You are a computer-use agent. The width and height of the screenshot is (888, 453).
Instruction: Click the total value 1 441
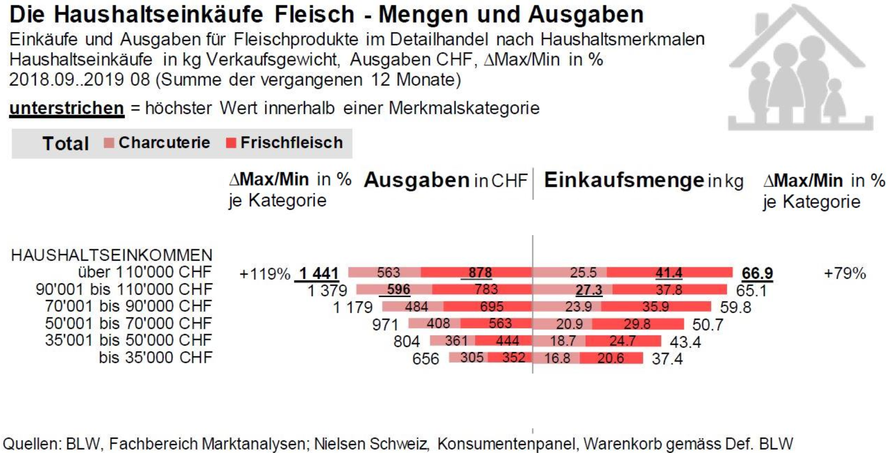[318, 273]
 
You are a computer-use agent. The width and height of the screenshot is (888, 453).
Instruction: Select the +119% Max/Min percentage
[264, 274]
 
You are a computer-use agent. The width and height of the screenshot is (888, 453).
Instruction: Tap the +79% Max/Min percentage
[844, 273]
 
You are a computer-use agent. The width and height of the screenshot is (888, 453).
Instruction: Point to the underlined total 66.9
[757, 273]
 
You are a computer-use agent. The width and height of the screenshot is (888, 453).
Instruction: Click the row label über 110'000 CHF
[145, 272]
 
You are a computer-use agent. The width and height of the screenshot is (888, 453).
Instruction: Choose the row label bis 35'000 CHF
[155, 357]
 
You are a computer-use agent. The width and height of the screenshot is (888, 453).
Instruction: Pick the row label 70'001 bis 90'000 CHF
[128, 306]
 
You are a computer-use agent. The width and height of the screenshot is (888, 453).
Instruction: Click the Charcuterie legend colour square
[109, 143]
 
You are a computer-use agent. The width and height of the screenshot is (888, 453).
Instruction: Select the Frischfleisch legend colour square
[231, 143]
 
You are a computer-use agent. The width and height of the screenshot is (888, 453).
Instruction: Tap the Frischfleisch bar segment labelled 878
[476, 272]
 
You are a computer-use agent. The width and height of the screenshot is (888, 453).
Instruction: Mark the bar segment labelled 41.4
[669, 273]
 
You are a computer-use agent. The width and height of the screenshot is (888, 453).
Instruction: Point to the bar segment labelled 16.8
[557, 358]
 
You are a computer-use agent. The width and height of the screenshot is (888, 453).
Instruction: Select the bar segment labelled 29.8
[637, 324]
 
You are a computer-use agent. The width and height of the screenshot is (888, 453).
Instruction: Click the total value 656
[425, 359]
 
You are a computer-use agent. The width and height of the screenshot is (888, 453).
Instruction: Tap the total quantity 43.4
[685, 342]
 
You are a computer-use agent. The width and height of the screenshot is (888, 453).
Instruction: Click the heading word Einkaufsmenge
[624, 180]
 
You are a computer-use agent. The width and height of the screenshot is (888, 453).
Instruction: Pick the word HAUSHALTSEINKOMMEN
[112, 255]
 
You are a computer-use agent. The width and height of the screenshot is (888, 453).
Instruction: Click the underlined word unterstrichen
[67, 108]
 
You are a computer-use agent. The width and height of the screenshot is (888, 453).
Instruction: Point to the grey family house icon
[800, 70]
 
